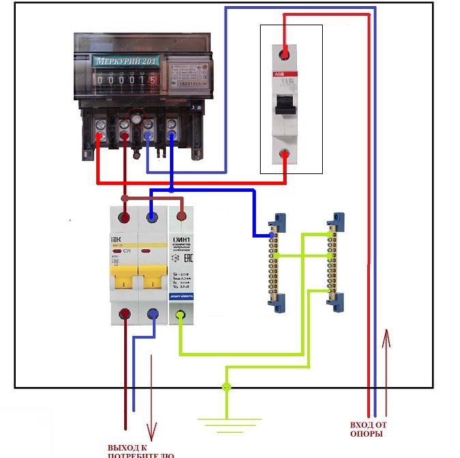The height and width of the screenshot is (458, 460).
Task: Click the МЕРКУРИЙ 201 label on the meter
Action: click(125, 61)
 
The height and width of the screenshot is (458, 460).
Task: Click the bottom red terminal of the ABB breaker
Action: click(286, 155)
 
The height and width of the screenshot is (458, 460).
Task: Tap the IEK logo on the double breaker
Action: click(115, 240)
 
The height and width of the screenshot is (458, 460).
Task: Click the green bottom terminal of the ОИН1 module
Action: click(181, 315)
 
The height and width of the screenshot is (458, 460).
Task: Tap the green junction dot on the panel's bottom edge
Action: click(227, 388)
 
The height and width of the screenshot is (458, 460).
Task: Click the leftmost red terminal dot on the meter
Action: click(100, 137)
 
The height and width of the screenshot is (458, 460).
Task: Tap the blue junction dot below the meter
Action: click(171, 188)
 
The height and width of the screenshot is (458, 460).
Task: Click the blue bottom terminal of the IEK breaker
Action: click(152, 315)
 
